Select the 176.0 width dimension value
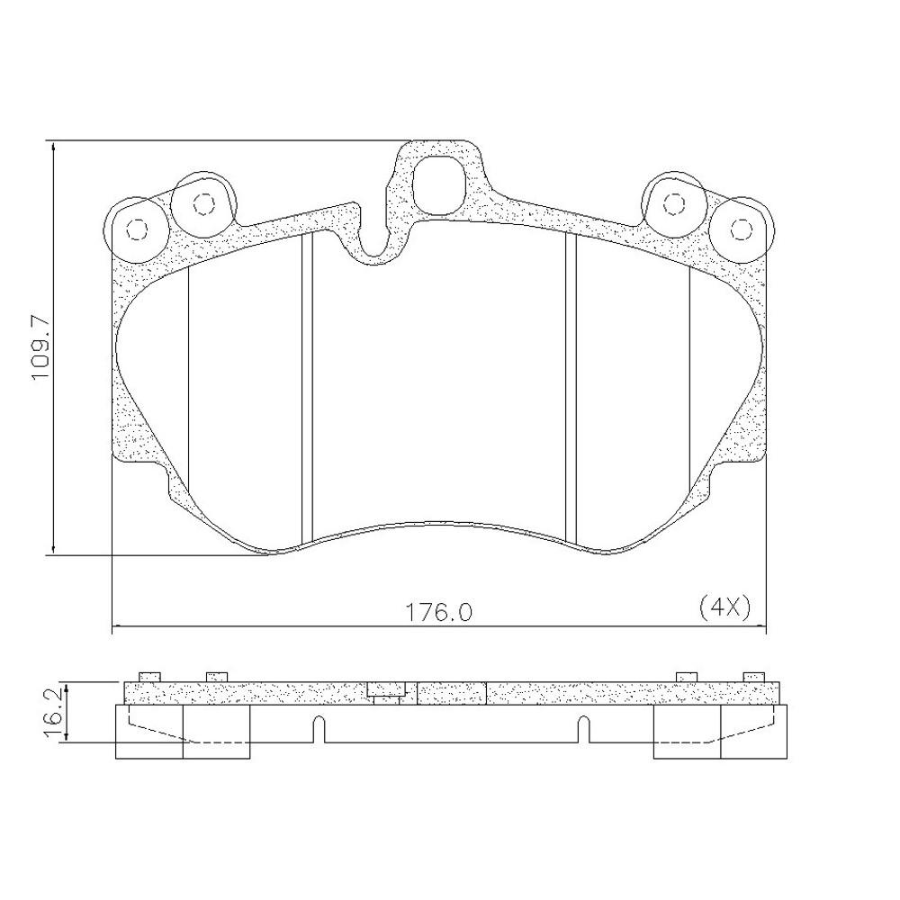437,612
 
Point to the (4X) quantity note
724,607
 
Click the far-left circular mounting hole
136,229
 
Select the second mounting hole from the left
202,204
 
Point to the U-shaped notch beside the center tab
375,238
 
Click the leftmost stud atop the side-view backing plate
148,677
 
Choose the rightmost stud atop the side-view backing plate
753,677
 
